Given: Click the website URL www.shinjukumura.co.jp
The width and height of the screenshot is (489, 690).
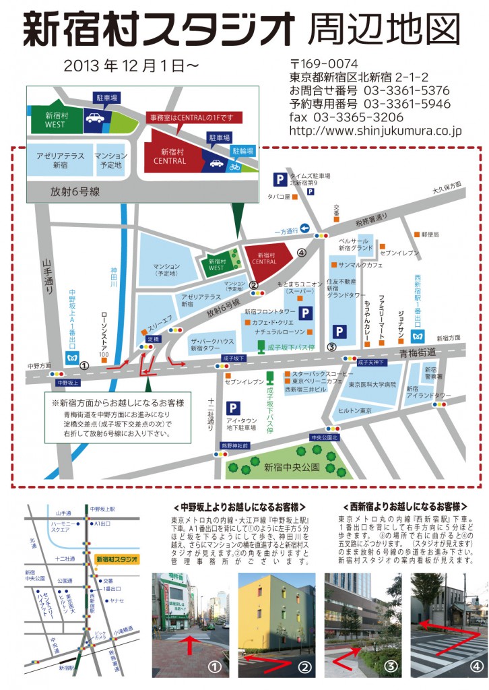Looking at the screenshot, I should pyautogui.click(x=375, y=131).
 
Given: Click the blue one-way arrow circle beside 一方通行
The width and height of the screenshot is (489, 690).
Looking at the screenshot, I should pyautogui.click(x=304, y=228).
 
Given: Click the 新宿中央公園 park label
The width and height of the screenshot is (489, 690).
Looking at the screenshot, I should pyautogui.click(x=292, y=466).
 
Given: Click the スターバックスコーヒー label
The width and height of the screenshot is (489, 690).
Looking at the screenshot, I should pyautogui.click(x=323, y=373).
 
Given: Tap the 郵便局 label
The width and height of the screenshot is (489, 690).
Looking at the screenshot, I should pyautogui.click(x=429, y=234).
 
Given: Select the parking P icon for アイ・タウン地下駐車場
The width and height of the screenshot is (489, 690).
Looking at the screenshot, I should pyautogui.click(x=234, y=408).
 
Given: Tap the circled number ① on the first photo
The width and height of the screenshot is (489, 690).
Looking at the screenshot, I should pyautogui.click(x=214, y=667).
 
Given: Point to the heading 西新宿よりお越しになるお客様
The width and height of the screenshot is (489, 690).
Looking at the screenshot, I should pyautogui.click(x=405, y=505).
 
